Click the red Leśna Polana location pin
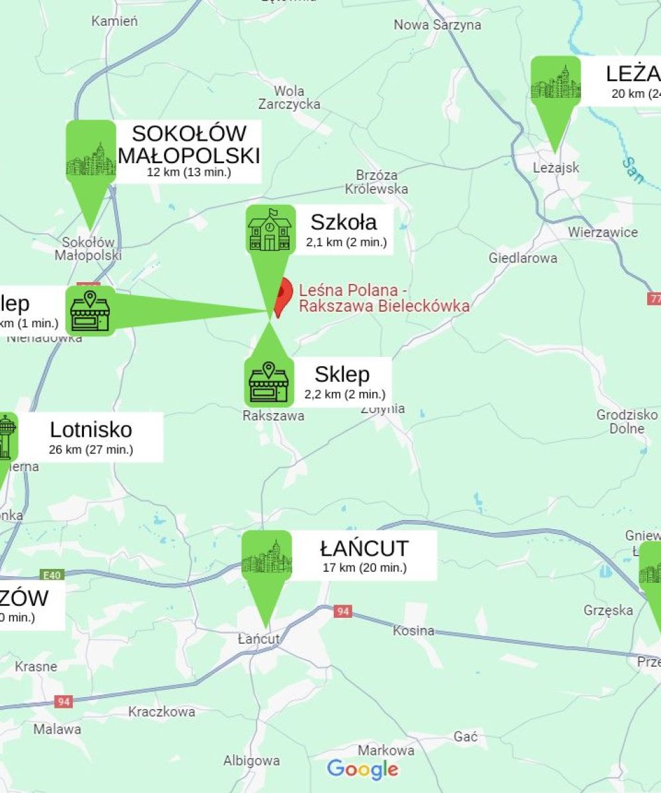[284, 296]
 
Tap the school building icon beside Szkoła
[270, 229]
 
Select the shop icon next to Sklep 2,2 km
[268, 382]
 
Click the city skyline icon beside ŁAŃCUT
[266, 555]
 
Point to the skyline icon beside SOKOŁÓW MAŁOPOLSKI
[91, 159]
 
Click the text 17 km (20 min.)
[364, 568]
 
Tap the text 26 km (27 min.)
[91, 449]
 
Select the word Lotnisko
[91, 430]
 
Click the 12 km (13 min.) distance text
[189, 172]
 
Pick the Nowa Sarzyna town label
[438, 25]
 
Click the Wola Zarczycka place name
[290, 98]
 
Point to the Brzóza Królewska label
[377, 182]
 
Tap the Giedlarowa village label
[523, 258]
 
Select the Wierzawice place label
[603, 233]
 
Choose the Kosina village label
[414, 631]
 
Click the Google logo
[363, 769]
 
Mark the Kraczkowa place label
[162, 712]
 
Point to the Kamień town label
[115, 21]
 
